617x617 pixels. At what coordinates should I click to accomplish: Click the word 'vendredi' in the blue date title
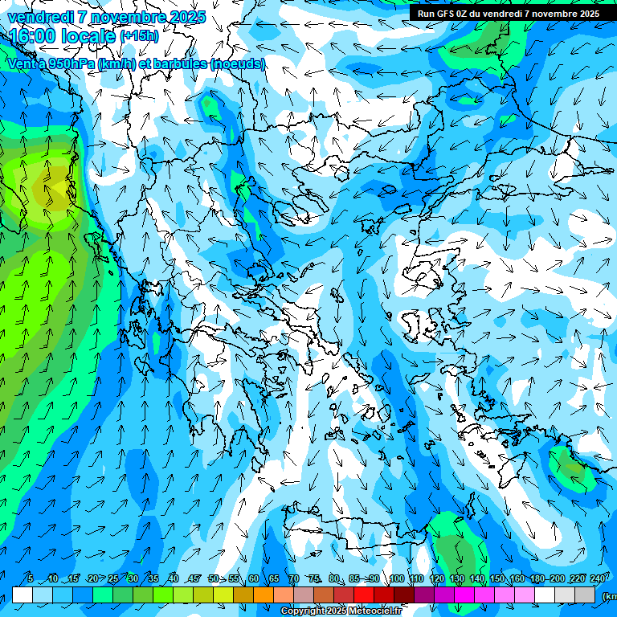(40, 17)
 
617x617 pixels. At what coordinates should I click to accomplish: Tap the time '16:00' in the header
(34, 36)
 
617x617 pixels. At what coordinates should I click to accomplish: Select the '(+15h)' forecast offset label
(139, 36)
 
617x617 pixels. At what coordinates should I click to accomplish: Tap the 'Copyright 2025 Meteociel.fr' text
(341, 611)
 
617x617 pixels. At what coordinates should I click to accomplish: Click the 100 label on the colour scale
(397, 579)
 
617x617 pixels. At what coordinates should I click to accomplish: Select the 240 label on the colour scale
(597, 579)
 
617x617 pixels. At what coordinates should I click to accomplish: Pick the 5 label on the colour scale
(31, 579)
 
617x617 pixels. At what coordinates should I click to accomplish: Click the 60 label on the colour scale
(254, 579)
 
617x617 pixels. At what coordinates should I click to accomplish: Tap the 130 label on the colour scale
(456, 579)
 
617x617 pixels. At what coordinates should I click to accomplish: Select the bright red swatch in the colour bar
(364, 595)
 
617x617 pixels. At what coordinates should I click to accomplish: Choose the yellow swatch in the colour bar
(204, 595)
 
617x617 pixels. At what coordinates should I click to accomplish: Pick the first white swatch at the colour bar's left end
(22, 595)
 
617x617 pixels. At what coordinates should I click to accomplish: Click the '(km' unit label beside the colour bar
(608, 596)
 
